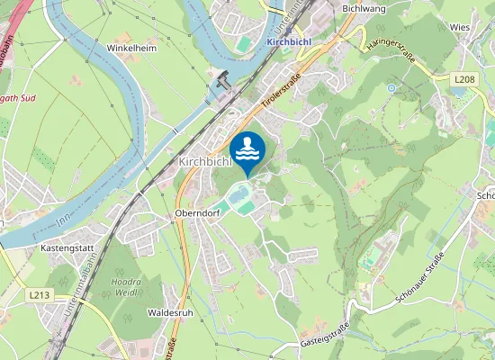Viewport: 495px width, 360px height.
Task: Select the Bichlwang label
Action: click(x=364, y=8)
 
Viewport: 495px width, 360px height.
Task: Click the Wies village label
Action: click(x=460, y=28)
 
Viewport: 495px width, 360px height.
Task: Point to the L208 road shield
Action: click(x=464, y=80)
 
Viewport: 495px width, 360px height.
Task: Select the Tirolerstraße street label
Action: click(x=279, y=93)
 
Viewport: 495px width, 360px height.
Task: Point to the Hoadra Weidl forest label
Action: click(x=125, y=285)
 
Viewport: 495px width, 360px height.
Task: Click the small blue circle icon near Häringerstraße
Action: click(x=391, y=88)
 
